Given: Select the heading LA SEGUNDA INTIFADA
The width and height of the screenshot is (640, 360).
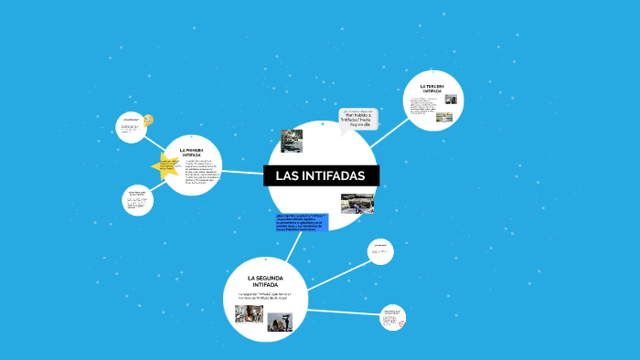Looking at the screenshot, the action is pyautogui.click(x=265, y=281).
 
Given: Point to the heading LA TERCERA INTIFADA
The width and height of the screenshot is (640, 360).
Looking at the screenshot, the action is pyautogui.click(x=432, y=89).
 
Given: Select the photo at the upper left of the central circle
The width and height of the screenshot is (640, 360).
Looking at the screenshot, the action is pyautogui.click(x=291, y=141).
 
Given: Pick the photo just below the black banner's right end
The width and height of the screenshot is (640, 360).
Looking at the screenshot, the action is pyautogui.click(x=357, y=203).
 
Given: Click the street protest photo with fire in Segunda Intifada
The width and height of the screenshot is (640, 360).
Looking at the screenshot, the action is pyautogui.click(x=249, y=313).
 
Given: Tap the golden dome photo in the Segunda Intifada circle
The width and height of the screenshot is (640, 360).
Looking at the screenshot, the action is pyautogui.click(x=281, y=321).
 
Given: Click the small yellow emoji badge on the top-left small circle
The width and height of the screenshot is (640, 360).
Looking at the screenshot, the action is pyautogui.click(x=149, y=120).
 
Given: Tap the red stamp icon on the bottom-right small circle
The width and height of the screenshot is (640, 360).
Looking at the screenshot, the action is pyautogui.click(x=400, y=323).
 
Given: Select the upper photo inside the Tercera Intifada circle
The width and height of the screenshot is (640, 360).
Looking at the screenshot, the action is pyautogui.click(x=450, y=101).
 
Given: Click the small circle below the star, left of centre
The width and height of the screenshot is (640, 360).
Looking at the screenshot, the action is pyautogui.click(x=138, y=201).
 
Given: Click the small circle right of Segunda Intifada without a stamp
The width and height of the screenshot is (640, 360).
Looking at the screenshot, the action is pyautogui.click(x=380, y=250).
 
